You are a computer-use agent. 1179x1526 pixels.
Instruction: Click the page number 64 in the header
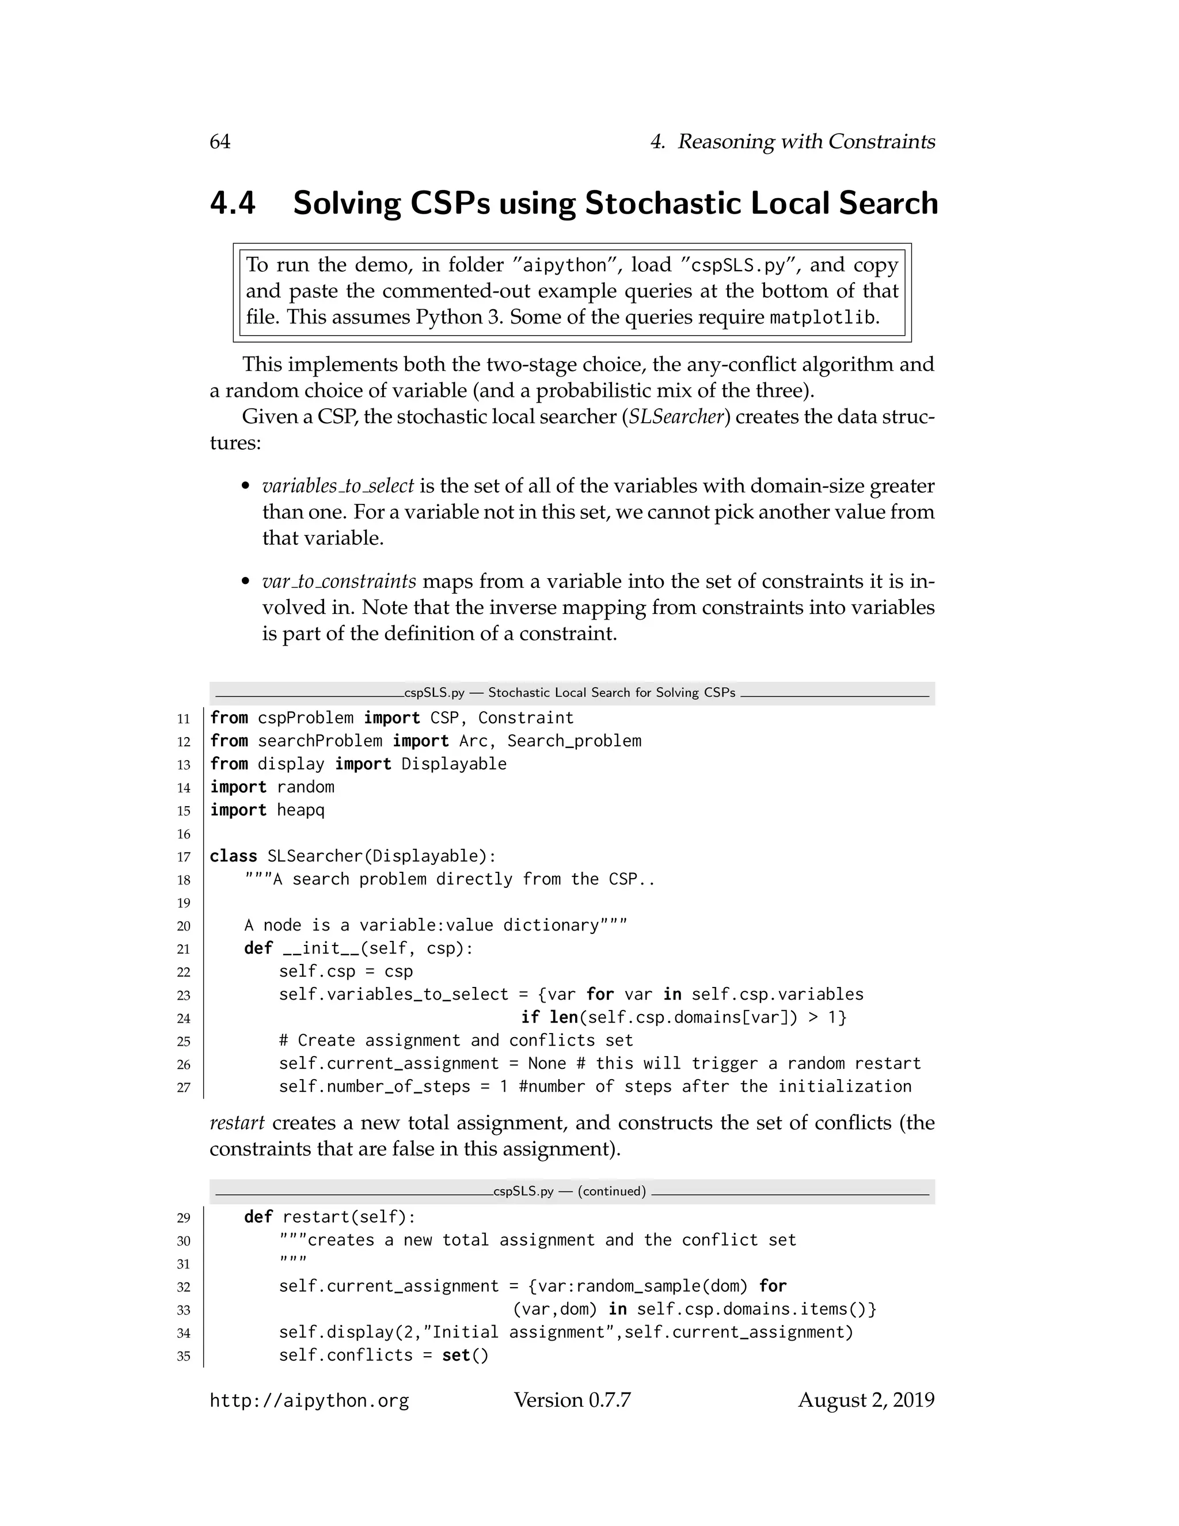pyautogui.click(x=219, y=142)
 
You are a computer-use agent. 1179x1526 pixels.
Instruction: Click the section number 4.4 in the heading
pyautogui.click(x=233, y=203)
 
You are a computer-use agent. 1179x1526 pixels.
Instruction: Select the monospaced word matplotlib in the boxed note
pyautogui.click(x=822, y=318)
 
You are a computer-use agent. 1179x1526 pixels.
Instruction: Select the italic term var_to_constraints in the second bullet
pyautogui.click(x=339, y=582)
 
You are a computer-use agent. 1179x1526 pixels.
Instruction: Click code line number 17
pyautogui.click(x=184, y=857)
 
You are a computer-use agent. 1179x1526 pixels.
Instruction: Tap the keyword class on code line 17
pyautogui.click(x=233, y=856)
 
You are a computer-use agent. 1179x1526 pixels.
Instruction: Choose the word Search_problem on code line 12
pyautogui.click(x=573, y=741)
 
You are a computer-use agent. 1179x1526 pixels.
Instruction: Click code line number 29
pyautogui.click(x=184, y=1218)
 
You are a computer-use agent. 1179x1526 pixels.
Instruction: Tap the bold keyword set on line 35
pyautogui.click(x=455, y=1356)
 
